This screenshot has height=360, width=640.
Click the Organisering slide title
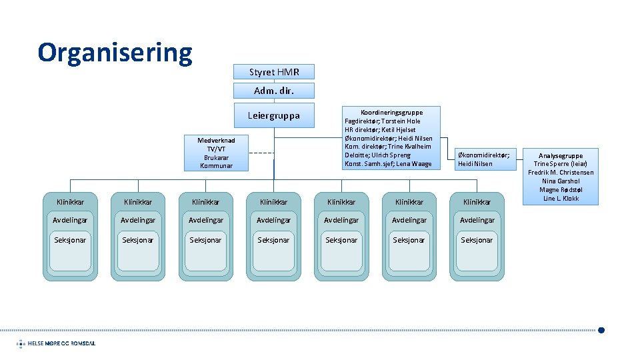(115, 52)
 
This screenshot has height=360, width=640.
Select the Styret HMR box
(274, 72)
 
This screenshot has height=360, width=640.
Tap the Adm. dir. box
(274, 91)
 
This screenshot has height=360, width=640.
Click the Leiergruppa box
(274, 116)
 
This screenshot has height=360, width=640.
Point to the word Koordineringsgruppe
(391, 112)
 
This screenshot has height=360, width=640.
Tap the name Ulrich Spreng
(394, 155)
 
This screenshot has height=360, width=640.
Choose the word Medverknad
(216, 140)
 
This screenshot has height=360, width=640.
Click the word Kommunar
(216, 165)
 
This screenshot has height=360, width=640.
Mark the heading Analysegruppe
(561, 155)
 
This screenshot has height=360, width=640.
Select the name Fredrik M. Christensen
(561, 173)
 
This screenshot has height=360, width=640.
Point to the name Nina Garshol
(561, 181)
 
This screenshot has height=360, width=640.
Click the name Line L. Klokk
(561, 199)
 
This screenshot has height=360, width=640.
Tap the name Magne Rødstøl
(561, 190)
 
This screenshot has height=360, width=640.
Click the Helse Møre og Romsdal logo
(57, 343)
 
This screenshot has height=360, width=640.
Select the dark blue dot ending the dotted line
(601, 329)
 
